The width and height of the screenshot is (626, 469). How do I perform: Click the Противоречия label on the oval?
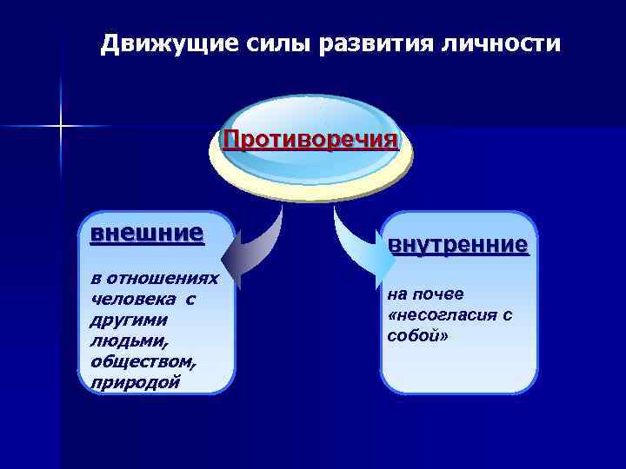310,140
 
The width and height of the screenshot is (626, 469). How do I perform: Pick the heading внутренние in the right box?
457,245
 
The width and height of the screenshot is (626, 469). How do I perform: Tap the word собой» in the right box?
418,335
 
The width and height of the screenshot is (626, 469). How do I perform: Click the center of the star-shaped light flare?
61,127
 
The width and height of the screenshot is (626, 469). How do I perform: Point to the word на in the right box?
396,294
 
